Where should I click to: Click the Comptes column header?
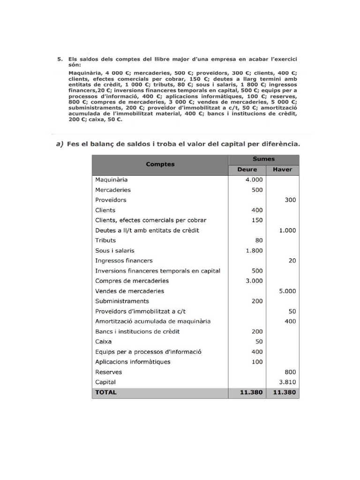160,165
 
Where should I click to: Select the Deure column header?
247,170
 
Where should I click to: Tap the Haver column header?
282,170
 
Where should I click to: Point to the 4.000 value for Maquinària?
254,180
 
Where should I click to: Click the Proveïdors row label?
111,200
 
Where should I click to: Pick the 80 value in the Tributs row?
259,240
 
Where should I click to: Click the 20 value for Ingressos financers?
292,261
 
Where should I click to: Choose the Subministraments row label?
122,301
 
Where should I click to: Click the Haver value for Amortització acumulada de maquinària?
290,322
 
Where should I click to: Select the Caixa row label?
103,342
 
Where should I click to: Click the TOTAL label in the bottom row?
105,393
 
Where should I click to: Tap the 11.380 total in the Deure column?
251,393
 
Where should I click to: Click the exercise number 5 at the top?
60,60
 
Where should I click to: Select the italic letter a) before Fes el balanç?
60,144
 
